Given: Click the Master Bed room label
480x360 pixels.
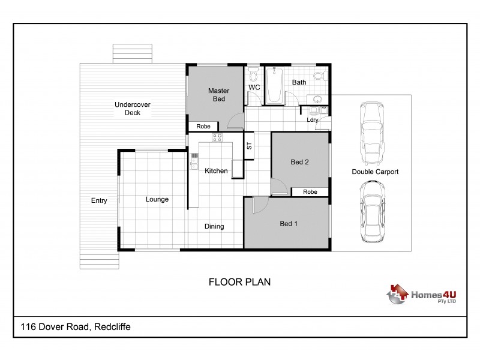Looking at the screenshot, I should coord(218,95).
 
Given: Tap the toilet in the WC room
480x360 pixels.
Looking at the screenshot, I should coord(253,76).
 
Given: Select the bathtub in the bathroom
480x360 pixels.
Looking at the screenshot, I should coord(275,86).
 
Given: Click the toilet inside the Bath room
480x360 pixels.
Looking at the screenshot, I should coord(324,76).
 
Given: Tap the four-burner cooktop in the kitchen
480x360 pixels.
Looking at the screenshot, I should coord(217,137).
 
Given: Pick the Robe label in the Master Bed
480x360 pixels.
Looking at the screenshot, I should coord(203,127).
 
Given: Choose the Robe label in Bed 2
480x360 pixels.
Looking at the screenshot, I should coord(310,192).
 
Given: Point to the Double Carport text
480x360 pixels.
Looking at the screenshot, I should coord(375,172).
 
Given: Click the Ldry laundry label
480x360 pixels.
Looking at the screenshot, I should coord(312,119).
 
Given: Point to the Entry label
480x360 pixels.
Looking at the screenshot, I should coord(99,200).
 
